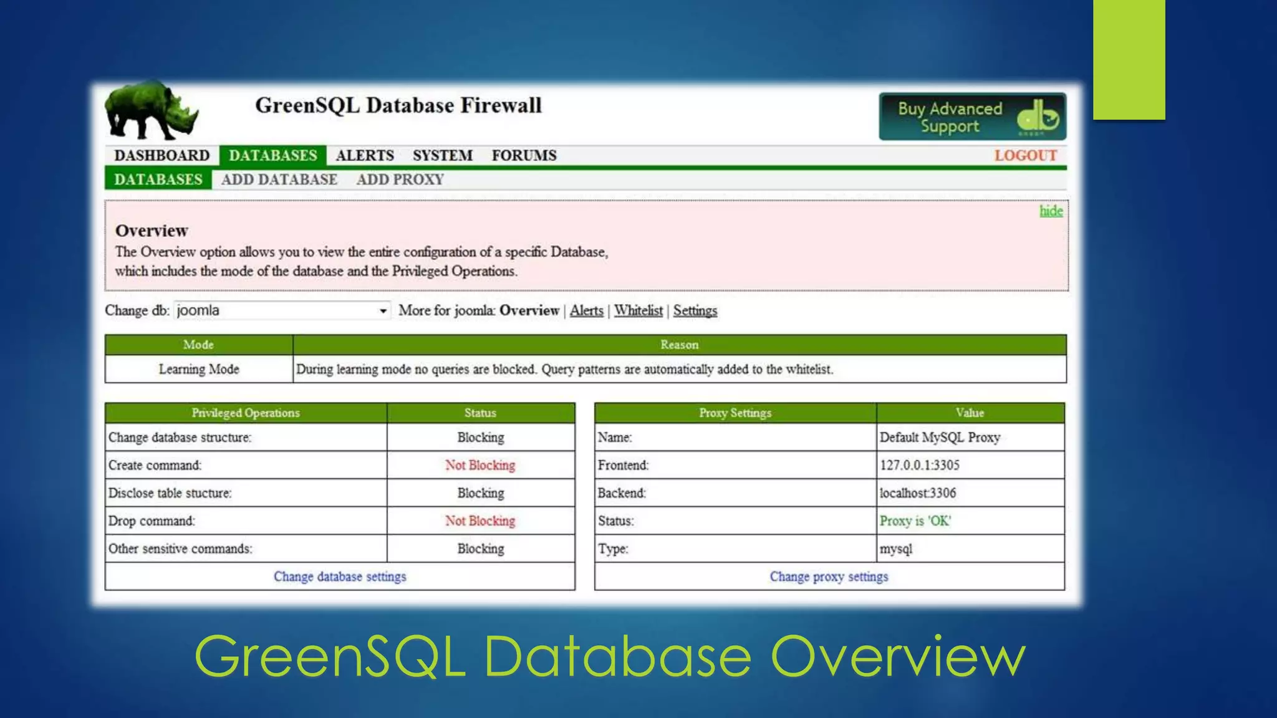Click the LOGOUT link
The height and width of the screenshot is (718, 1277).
pos(1025,155)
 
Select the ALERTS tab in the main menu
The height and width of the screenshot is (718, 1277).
pos(365,155)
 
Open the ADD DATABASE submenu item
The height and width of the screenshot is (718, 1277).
pos(279,179)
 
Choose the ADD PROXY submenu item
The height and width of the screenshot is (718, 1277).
pos(400,179)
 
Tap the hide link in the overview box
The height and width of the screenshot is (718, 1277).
pos(1051,211)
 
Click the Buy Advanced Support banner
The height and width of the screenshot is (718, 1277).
pos(971,117)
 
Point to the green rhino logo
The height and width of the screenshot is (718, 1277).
pos(151,111)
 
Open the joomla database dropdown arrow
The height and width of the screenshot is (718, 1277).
pos(383,310)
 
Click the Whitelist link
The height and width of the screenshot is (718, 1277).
pos(638,310)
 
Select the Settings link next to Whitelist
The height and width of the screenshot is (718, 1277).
pos(695,310)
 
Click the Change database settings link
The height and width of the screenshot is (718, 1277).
pos(340,577)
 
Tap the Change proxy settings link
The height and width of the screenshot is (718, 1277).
pos(829,577)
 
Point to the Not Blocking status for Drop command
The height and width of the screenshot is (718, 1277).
pos(480,520)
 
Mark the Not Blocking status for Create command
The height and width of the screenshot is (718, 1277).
pos(480,465)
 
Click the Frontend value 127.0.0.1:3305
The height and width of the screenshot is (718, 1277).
pos(919,465)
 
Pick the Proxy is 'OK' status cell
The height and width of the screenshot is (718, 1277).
pos(915,520)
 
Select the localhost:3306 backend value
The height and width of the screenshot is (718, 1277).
pos(917,493)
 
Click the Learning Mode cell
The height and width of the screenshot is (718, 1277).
pos(199,369)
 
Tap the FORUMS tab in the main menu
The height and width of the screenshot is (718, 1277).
pos(524,155)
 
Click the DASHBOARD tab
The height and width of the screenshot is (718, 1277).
pos(161,155)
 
